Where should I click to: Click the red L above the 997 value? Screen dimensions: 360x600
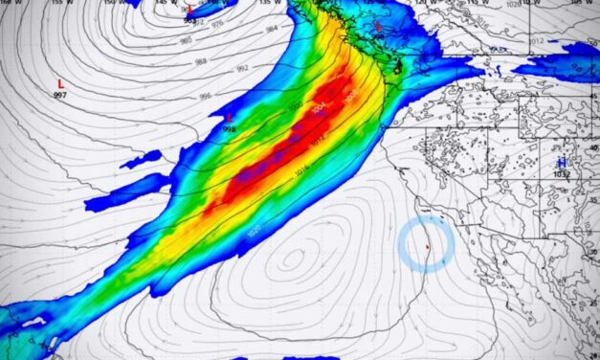tap(60, 83)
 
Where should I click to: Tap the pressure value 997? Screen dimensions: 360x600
tap(60, 96)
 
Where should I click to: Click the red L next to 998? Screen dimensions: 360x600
tap(229, 117)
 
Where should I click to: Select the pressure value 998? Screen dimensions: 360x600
tap(229, 128)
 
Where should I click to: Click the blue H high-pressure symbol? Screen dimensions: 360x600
tap(562, 163)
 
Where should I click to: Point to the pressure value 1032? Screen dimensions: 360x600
tap(562, 175)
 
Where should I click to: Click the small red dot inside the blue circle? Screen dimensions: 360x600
tap(428, 247)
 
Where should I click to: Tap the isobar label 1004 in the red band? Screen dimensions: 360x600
tap(319, 108)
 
